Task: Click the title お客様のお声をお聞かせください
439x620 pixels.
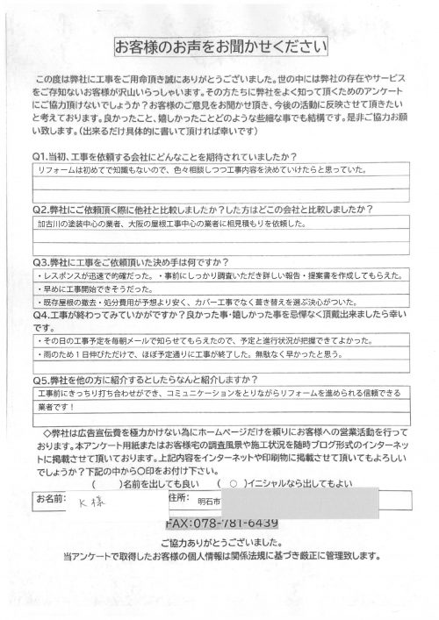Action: click(x=219, y=46)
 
